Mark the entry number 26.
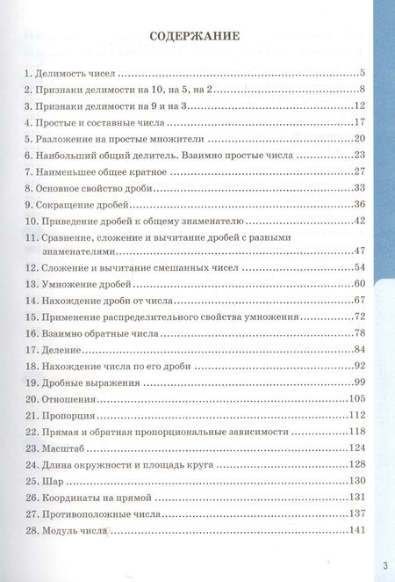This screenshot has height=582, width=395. [x=30, y=498]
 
